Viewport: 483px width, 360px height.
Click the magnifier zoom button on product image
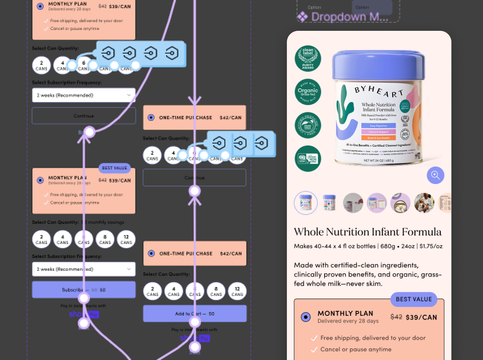tap(436, 175)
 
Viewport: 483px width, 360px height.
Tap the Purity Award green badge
tap(308, 58)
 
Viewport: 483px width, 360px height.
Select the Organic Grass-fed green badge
tap(308, 92)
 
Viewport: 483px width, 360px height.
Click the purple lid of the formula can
tap(379, 65)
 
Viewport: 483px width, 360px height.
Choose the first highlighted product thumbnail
tap(306, 203)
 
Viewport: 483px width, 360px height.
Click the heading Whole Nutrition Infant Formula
tap(368, 232)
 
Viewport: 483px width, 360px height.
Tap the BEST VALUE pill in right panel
tap(414, 299)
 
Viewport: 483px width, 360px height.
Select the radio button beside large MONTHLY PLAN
tap(306, 317)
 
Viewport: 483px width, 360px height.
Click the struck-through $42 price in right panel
tap(396, 317)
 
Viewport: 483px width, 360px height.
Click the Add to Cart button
tap(194, 313)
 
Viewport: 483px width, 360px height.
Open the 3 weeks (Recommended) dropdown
tap(83, 269)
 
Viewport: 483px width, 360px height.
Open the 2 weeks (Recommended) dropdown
tap(83, 95)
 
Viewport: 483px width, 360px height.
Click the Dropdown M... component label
tap(349, 17)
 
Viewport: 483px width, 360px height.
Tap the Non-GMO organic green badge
tap(308, 159)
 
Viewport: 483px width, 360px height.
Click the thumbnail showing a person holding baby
tap(424, 203)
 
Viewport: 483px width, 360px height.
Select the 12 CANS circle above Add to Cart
tap(237, 291)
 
